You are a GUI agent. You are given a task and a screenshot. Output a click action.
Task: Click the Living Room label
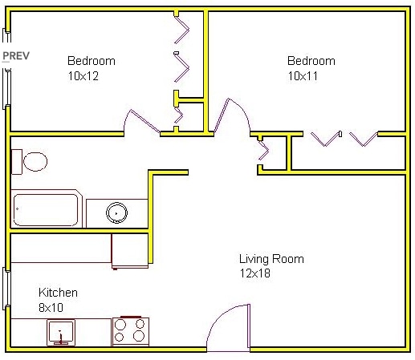271,259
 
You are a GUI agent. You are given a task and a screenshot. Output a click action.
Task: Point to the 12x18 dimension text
255,273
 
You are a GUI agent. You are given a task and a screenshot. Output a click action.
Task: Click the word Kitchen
58,293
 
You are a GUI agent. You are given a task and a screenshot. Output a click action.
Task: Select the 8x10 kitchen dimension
52,307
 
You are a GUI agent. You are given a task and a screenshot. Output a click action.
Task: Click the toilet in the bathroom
31,162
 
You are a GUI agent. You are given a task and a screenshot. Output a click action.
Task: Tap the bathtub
47,209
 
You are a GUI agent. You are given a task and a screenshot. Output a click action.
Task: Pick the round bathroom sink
117,212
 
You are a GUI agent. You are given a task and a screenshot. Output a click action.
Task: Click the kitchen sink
60,330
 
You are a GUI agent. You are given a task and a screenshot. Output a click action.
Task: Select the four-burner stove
130,330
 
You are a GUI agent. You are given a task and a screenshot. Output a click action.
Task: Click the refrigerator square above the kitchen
129,249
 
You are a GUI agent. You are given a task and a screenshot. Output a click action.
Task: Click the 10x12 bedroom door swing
137,122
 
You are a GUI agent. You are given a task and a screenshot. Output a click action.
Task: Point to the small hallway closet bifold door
262,149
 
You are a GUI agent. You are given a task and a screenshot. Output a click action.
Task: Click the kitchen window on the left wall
6,288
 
